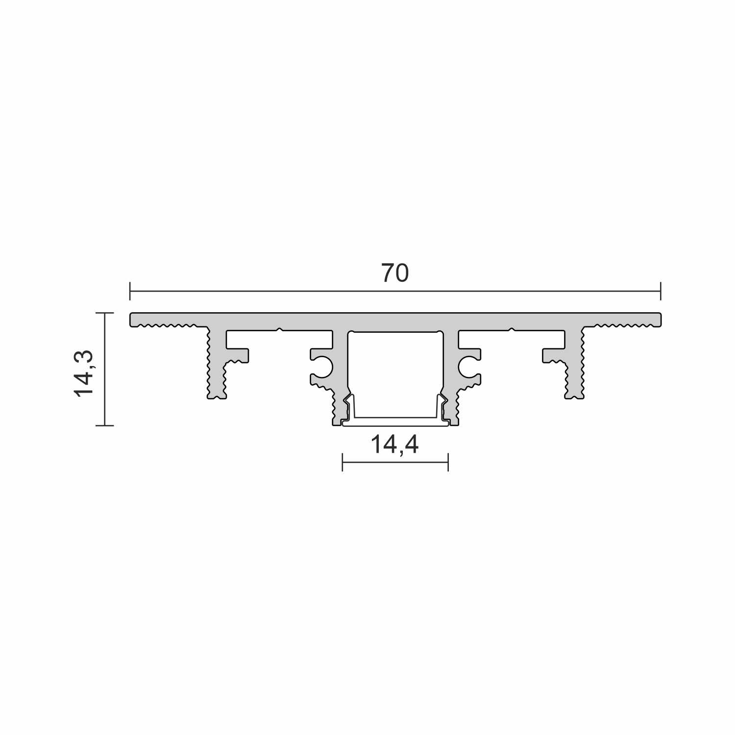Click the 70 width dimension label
point(395,273)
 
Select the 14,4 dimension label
point(394,445)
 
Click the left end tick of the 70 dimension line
point(130,291)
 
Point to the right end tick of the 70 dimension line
point(661,291)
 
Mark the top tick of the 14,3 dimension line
point(105,313)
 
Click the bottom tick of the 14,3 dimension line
point(105,425)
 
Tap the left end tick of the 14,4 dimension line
point(343,462)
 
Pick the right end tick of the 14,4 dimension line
point(448,462)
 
